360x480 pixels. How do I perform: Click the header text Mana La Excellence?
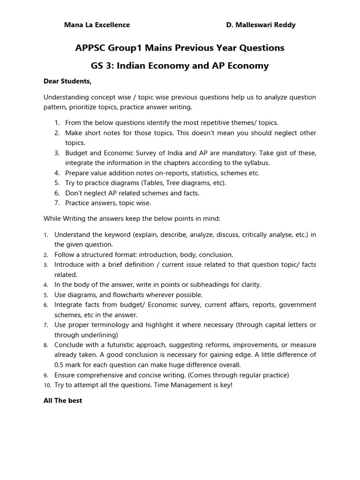(x=97, y=25)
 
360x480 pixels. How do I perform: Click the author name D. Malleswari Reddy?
(x=261, y=25)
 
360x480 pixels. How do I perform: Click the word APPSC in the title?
(x=91, y=48)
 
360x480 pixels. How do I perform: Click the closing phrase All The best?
(x=63, y=401)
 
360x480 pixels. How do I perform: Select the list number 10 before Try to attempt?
(x=46, y=385)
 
